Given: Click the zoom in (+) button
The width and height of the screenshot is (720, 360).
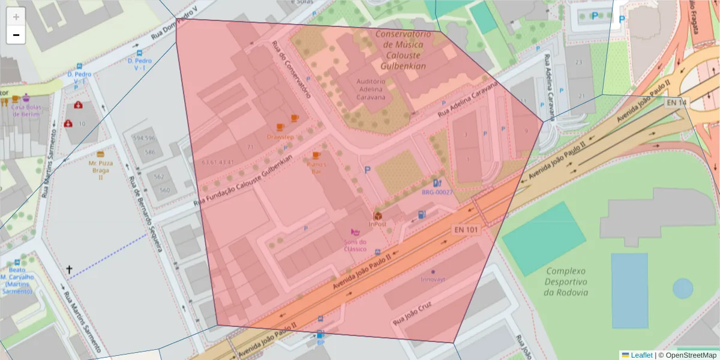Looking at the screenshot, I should (16, 17).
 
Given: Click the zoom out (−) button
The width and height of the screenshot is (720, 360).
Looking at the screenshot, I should (16, 35).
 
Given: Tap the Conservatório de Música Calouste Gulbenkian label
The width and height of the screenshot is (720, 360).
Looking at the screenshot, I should (403, 50).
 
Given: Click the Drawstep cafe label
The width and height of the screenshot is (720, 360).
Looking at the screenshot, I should (280, 137).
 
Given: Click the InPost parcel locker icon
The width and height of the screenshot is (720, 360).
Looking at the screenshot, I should (378, 215).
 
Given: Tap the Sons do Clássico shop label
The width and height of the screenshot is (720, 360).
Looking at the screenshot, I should (355, 245).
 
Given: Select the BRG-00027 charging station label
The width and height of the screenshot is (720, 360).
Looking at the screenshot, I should (437, 193).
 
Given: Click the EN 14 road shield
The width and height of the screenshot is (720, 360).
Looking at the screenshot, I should (676, 103).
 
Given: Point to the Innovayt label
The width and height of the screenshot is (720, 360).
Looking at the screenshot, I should (433, 279).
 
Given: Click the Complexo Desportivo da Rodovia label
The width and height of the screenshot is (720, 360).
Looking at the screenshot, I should (566, 281).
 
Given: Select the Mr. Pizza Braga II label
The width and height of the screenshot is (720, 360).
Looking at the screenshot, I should (100, 170).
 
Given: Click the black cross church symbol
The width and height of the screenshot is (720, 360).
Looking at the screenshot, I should (69, 270).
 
